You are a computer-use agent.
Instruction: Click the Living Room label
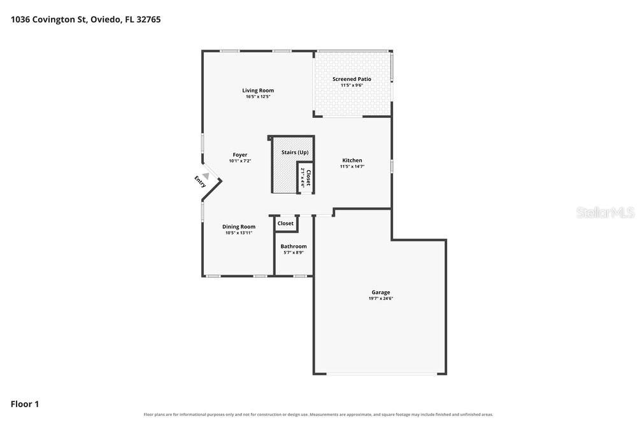pyautogui.click(x=258, y=90)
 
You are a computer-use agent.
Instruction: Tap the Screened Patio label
pyautogui.click(x=352, y=79)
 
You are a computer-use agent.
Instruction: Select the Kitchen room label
pyautogui.click(x=352, y=161)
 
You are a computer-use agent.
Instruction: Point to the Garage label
pyautogui.click(x=381, y=292)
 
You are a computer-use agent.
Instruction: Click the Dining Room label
pyautogui.click(x=239, y=227)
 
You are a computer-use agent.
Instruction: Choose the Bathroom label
pyautogui.click(x=294, y=246)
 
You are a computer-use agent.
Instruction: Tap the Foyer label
pyautogui.click(x=240, y=155)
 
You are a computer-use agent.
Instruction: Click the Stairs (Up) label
pyautogui.click(x=295, y=152)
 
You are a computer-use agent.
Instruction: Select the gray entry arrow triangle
pyautogui.click(x=206, y=176)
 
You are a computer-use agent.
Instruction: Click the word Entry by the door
pyautogui.click(x=200, y=181)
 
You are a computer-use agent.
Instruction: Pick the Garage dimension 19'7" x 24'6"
pyautogui.click(x=381, y=298)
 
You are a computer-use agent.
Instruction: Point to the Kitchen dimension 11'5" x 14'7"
pyautogui.click(x=352, y=166)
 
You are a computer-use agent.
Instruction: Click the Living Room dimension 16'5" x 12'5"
pyautogui.click(x=258, y=97)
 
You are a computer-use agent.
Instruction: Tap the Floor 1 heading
pyautogui.click(x=25, y=404)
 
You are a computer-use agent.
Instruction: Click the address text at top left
pyautogui.click(x=86, y=20)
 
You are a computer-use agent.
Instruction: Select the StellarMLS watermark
pyautogui.click(x=605, y=212)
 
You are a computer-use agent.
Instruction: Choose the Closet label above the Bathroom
pyautogui.click(x=285, y=224)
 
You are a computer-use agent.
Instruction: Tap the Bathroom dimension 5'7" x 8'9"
pyautogui.click(x=294, y=252)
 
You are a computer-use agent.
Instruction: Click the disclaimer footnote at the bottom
pyautogui.click(x=318, y=415)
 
